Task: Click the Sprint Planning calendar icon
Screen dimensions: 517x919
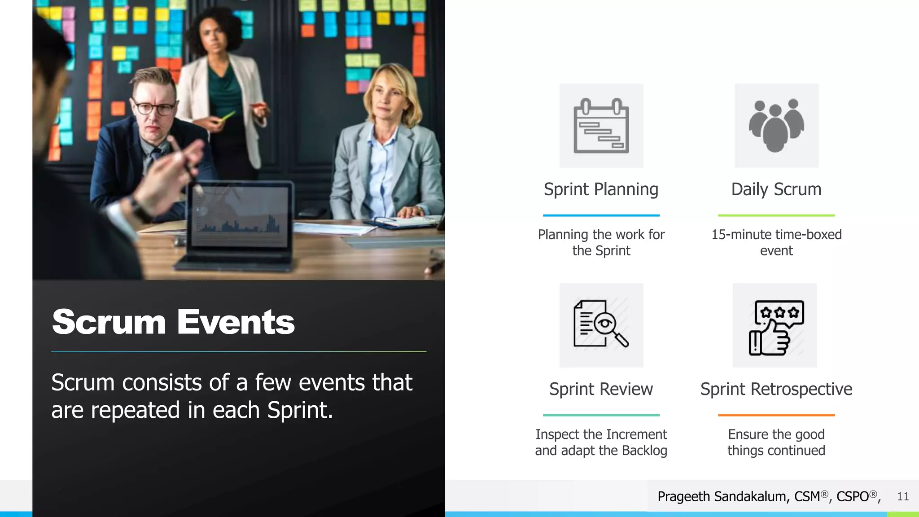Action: click(x=601, y=126)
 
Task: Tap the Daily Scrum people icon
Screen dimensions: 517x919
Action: click(x=776, y=126)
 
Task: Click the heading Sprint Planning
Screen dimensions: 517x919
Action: click(x=601, y=189)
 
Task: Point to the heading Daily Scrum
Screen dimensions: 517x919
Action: click(x=776, y=189)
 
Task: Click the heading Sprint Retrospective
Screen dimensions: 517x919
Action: click(x=776, y=389)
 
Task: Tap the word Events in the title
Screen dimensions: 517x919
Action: click(x=236, y=322)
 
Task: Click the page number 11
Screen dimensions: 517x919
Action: click(x=903, y=496)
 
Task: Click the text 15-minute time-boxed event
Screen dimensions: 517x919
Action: click(x=776, y=242)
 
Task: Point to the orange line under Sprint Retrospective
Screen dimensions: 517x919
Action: click(x=776, y=415)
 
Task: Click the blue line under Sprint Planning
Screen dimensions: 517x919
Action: click(x=601, y=215)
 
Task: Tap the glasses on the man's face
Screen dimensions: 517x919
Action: click(x=153, y=108)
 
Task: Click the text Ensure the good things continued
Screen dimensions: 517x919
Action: click(x=776, y=442)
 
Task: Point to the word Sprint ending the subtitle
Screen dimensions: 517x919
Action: click(x=299, y=410)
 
